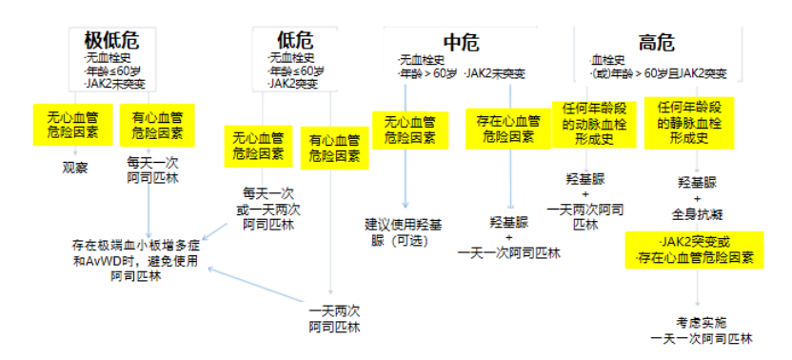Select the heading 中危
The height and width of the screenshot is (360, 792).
click(460, 42)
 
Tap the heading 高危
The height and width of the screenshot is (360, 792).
click(656, 42)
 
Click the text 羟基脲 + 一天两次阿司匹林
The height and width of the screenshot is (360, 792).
click(584, 202)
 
